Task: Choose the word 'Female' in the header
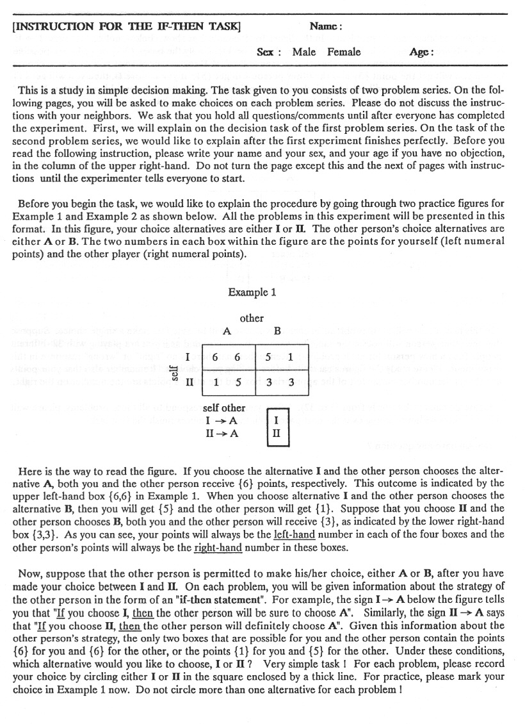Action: coord(344,52)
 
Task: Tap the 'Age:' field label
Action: coord(422,53)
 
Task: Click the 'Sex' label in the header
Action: coord(268,53)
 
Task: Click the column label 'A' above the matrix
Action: coord(227,331)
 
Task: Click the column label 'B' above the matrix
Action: coord(277,331)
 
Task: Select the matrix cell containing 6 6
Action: coord(228,357)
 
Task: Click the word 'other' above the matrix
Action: coord(252,318)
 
